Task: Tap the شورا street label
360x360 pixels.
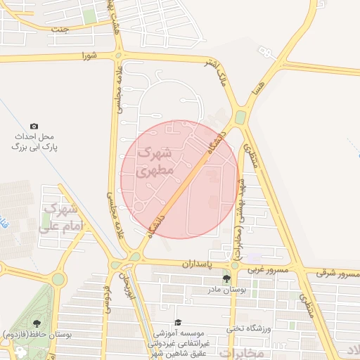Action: tap(87, 55)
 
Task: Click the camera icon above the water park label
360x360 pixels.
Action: tap(34, 125)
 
